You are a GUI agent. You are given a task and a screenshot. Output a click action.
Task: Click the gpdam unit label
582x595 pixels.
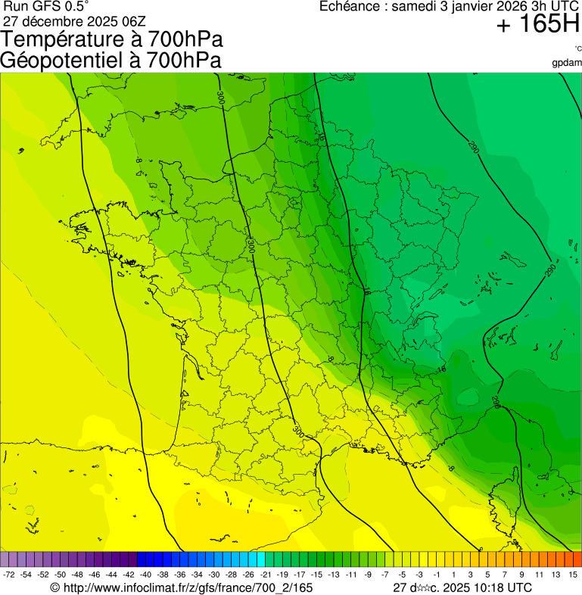[567, 63]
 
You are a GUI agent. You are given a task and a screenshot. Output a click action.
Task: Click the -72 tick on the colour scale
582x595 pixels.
[9, 575]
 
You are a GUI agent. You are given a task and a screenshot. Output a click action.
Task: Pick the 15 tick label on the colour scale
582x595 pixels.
[573, 575]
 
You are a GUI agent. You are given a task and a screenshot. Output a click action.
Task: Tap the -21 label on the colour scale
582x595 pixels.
[266, 575]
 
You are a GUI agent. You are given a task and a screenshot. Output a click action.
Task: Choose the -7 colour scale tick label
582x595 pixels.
[385, 575]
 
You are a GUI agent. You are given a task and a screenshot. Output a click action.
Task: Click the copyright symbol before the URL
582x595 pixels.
[54, 587]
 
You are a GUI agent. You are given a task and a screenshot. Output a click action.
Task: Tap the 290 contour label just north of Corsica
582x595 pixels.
[496, 401]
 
